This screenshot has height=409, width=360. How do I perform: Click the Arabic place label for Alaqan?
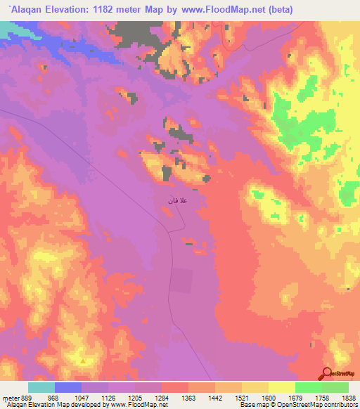[177, 202]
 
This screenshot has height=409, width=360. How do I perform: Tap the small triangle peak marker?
[84, 361]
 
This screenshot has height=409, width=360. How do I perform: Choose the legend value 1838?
[349, 398]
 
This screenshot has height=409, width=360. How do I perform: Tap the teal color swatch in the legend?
[41, 387]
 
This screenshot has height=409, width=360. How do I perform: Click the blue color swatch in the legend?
[68, 387]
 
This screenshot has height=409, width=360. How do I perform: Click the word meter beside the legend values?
[11, 398]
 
